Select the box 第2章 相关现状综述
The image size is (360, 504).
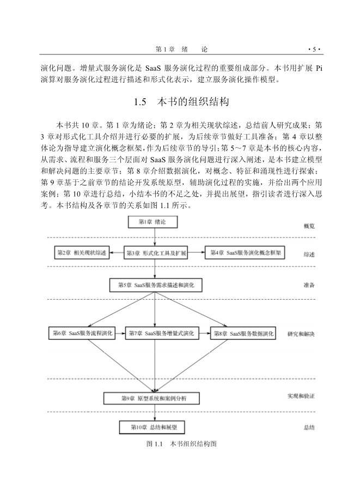tap(81, 253)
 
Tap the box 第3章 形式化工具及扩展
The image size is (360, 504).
tap(156, 253)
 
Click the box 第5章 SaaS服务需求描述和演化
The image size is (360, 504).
tap(156, 285)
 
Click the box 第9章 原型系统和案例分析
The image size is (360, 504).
tap(155, 398)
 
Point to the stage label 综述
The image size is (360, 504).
tap(309, 254)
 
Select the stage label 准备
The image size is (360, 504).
tap(309, 285)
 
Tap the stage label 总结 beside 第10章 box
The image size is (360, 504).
tap(309, 428)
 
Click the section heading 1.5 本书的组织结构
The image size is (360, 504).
tap(180, 102)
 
